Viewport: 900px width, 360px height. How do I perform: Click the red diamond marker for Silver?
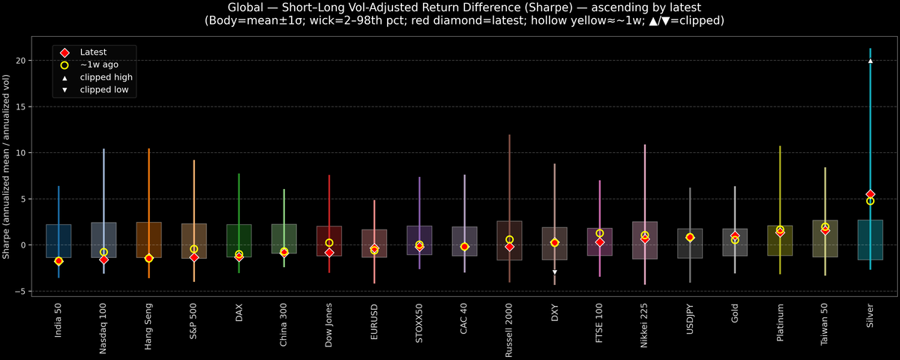click(x=870, y=194)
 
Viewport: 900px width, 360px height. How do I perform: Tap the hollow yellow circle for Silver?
click(x=870, y=201)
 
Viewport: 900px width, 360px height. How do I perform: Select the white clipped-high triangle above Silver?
click(x=870, y=61)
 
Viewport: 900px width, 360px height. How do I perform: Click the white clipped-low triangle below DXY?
click(x=554, y=272)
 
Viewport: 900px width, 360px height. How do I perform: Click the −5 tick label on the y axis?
click(x=22, y=291)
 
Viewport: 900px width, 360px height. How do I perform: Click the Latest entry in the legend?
click(x=93, y=52)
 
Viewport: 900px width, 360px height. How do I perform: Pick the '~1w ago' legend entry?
click(x=99, y=65)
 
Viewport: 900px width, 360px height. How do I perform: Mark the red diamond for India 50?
click(x=58, y=261)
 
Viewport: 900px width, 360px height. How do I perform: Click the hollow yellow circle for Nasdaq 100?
click(x=103, y=252)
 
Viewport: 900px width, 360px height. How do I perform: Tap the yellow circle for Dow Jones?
click(x=329, y=243)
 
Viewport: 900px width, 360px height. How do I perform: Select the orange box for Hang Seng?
click(x=148, y=240)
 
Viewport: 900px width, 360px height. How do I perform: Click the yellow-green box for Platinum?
click(x=780, y=241)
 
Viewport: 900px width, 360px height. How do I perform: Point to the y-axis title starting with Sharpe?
click(x=7, y=167)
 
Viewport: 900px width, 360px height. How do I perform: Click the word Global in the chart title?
click(x=245, y=7)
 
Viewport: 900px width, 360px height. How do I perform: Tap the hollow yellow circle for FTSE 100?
click(x=600, y=233)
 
